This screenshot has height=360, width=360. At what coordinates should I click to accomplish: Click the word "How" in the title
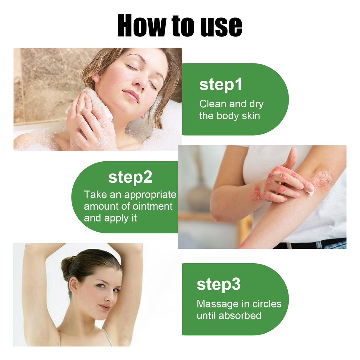point(142,26)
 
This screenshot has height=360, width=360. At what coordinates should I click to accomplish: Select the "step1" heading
point(221,85)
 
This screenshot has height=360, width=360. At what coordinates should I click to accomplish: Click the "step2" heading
point(130,177)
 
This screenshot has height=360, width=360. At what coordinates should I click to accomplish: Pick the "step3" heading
point(219,284)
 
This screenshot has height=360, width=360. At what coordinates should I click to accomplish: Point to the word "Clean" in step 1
point(213,104)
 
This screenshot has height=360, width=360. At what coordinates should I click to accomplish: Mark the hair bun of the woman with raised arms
point(67,266)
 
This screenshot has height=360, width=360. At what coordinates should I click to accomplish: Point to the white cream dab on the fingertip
point(311,192)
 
